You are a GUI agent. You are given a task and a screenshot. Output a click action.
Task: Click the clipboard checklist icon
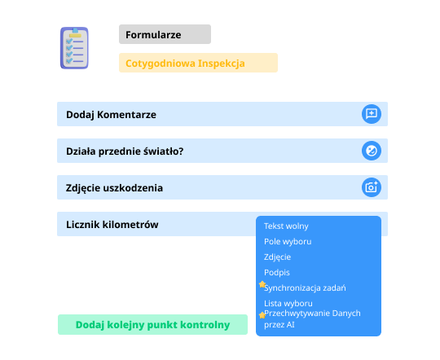(x=74, y=48)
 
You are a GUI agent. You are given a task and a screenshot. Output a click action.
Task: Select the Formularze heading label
(x=153, y=35)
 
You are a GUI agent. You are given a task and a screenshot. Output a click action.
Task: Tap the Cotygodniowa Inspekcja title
(x=185, y=64)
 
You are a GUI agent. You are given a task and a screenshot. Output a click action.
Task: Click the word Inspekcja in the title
(x=222, y=64)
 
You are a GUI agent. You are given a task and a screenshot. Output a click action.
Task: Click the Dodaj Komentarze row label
(x=111, y=115)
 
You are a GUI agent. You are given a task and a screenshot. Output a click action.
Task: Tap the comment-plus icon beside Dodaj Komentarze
(x=372, y=114)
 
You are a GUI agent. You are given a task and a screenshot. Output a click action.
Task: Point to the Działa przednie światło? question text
(x=125, y=151)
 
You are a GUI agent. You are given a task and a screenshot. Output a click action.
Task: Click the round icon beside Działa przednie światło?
(x=372, y=151)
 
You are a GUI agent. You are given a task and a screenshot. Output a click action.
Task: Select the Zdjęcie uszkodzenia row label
(x=114, y=188)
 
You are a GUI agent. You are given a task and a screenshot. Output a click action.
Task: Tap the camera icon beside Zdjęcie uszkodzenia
(x=372, y=187)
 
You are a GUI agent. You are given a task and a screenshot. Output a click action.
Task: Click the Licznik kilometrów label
(x=112, y=225)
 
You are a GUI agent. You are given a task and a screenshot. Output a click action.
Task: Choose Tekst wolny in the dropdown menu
(x=286, y=226)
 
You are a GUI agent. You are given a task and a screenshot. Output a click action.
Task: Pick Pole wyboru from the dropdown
(x=288, y=242)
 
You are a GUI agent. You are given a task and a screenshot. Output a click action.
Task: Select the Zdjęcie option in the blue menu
(x=277, y=257)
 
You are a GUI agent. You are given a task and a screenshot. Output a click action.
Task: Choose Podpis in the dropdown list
(x=277, y=273)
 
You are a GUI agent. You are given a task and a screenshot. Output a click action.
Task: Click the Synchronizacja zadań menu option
(x=305, y=288)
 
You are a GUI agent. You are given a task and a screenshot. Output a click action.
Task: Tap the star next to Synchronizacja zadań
(x=262, y=284)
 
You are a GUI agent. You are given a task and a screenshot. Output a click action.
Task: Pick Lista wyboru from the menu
(x=288, y=303)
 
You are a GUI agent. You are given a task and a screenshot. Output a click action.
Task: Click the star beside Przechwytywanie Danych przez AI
(x=262, y=315)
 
